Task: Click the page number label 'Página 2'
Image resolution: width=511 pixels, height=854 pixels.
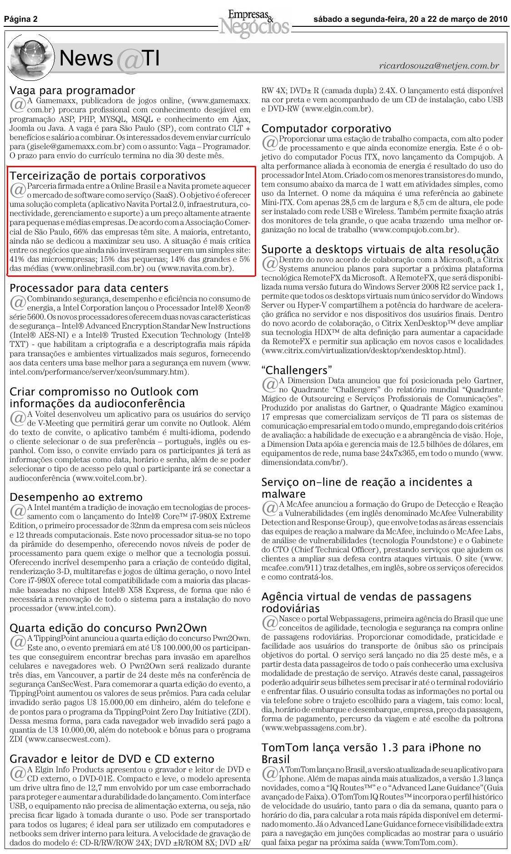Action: point(21,20)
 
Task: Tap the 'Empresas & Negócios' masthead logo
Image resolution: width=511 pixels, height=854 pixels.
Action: point(254,22)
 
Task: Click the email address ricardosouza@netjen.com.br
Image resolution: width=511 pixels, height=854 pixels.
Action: point(439,66)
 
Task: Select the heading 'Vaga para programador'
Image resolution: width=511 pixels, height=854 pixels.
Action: point(72,90)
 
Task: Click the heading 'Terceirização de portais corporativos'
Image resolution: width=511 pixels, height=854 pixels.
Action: point(108,175)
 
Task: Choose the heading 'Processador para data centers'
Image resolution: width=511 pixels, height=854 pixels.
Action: point(89,288)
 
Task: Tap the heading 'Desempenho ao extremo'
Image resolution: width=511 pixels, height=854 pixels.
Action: point(76,497)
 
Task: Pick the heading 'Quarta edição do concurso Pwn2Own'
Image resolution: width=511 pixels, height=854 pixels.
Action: point(108,628)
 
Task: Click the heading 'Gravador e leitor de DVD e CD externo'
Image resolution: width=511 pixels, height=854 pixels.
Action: point(112,759)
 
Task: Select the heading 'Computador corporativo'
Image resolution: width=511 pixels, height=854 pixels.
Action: point(326,129)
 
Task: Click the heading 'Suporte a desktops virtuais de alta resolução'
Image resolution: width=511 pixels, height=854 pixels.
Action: point(380,250)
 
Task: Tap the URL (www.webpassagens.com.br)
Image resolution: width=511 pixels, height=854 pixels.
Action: point(314,728)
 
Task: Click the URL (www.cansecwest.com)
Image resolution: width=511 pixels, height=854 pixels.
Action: point(68,739)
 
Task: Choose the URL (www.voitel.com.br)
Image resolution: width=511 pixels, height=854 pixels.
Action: point(109,478)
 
